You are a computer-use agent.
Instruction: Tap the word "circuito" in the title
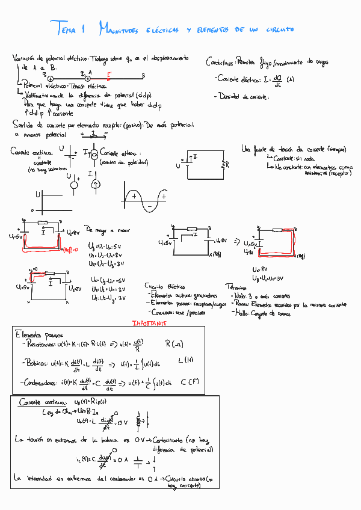[x=280, y=29]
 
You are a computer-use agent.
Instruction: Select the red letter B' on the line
[x=109, y=75]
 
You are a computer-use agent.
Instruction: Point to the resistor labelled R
[x=224, y=165]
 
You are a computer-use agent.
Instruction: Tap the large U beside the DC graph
[x=38, y=195]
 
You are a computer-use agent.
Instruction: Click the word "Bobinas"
[x=36, y=363]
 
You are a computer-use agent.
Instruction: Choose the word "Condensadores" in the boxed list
[x=45, y=382]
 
